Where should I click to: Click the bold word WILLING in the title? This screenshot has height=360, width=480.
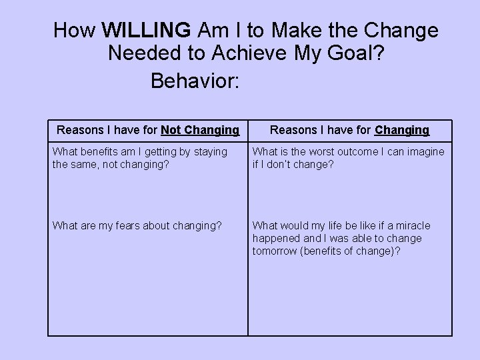tap(147, 31)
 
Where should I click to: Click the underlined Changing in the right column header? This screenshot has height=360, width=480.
tap(402, 130)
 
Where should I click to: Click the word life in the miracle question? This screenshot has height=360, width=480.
tap(336, 226)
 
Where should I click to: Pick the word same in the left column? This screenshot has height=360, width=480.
tap(83, 164)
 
